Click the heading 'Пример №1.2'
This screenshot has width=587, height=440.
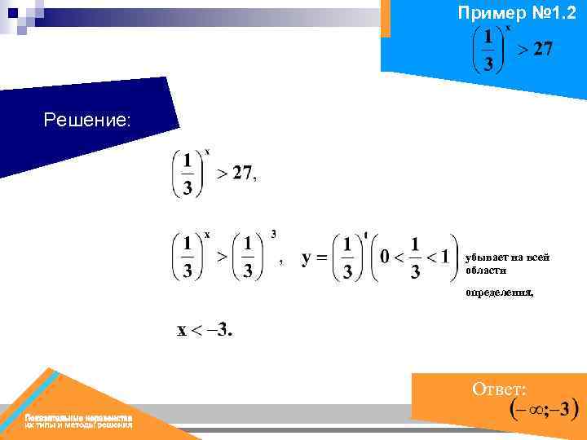pos(517,12)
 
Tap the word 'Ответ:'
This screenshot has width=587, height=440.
pos(499,389)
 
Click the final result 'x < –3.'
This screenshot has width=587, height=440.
pos(205,330)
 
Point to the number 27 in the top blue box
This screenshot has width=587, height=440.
pos(542,50)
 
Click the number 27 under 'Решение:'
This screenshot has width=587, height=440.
pos(242,172)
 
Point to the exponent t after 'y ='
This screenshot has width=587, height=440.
pos(366,235)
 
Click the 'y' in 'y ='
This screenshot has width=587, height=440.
pos(307,259)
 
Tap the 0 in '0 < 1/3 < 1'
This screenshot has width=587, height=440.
pos(386,257)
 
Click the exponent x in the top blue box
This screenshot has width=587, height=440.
pos(509,26)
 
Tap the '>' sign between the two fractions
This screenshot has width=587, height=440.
pos(220,256)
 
